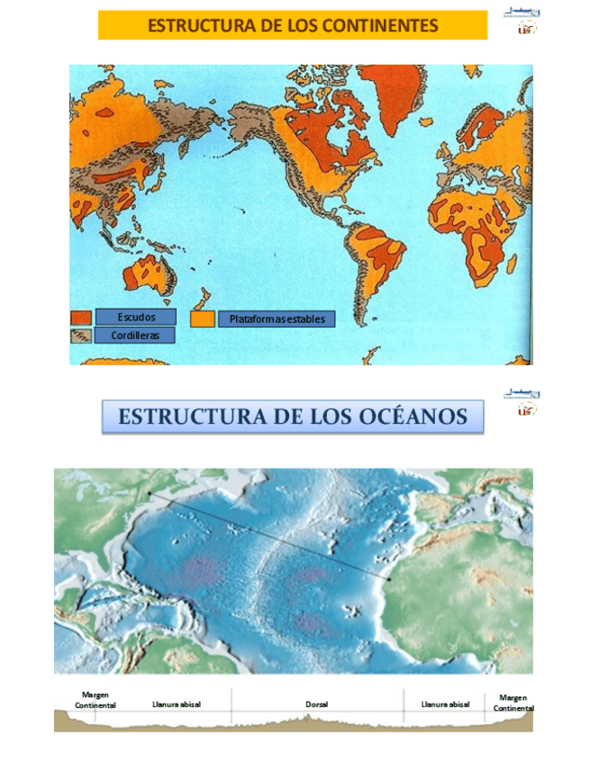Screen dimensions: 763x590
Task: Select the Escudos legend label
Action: click(136, 317)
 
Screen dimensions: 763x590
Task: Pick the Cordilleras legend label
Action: click(135, 335)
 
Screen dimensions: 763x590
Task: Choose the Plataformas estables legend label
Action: click(277, 319)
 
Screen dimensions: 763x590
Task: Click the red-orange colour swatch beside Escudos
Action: click(80, 318)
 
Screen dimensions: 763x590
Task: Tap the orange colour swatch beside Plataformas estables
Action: click(203, 319)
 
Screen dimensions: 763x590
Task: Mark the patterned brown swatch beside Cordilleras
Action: click(80, 336)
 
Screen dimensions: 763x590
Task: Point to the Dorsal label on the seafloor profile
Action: click(317, 705)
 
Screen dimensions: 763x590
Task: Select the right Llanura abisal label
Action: click(445, 705)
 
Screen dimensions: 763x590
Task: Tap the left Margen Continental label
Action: click(95, 700)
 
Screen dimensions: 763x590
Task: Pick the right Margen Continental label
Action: click(513, 703)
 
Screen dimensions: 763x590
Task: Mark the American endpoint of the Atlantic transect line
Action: click(149, 493)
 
